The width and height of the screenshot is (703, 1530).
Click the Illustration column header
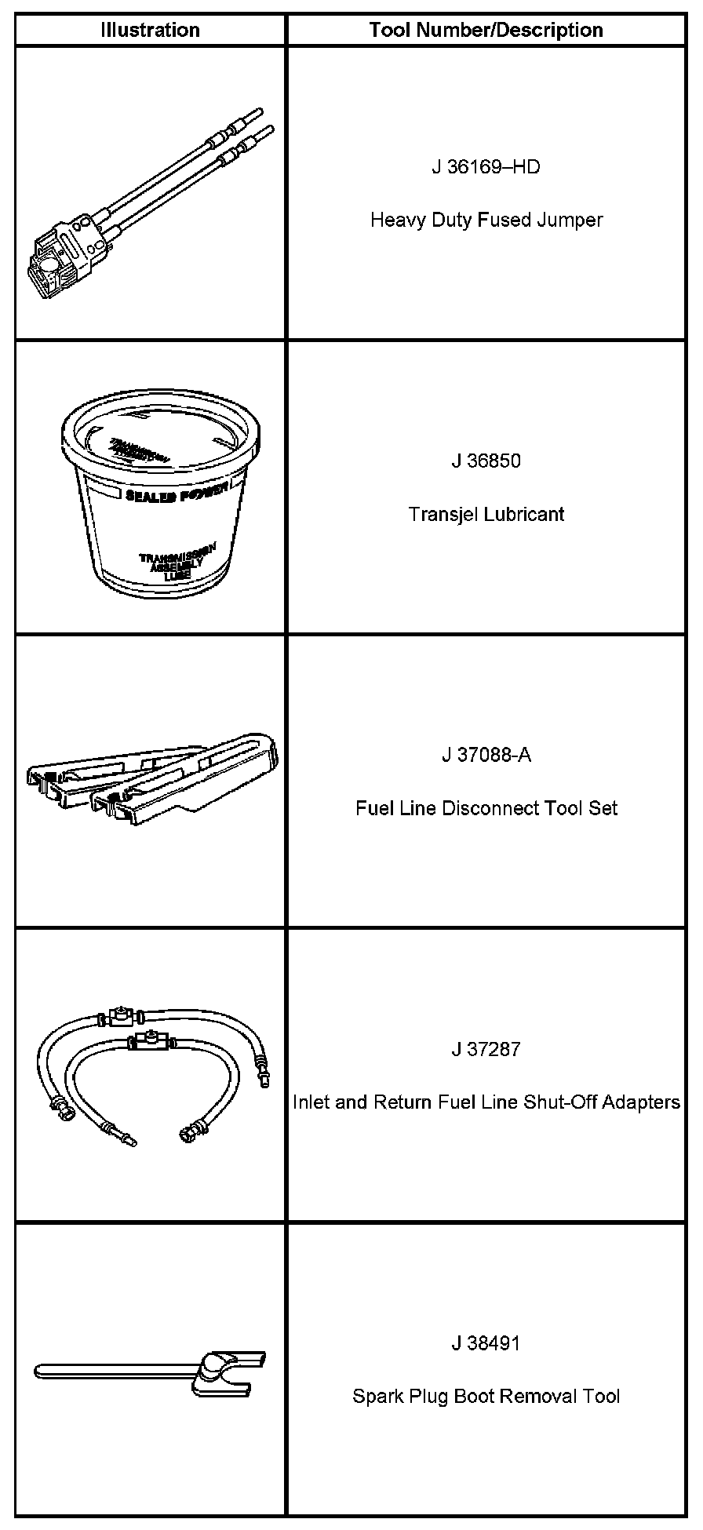coord(150,31)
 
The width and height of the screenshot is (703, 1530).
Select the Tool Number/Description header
coord(486,31)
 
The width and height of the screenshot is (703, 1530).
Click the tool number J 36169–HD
coord(486,167)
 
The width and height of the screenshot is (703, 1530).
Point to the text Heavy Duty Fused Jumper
coord(486,220)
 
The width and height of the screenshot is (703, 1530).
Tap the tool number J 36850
coord(486,461)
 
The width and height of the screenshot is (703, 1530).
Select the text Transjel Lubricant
coord(486,514)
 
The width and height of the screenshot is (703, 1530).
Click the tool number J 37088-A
coord(486,755)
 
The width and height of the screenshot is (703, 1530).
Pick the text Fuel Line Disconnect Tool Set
coord(486,808)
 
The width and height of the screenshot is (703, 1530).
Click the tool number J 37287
coord(486,1049)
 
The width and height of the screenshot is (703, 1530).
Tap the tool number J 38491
coord(486,1343)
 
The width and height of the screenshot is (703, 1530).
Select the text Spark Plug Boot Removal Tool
coord(486,1397)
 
